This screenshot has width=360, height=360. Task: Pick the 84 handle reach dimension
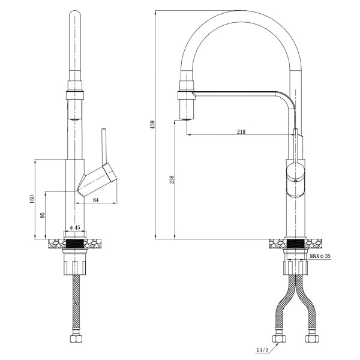click(x=96, y=200)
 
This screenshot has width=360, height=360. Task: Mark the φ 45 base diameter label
click(x=75, y=227)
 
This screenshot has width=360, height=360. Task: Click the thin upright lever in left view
click(x=104, y=144)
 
